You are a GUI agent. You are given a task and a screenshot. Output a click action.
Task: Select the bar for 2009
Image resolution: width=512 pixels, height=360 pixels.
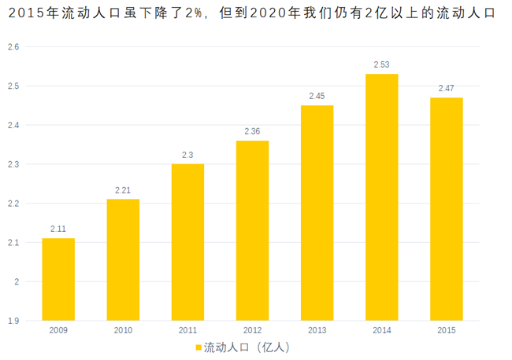click(58, 279)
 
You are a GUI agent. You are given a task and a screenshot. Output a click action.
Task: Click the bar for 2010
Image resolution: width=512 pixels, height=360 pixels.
click(123, 259)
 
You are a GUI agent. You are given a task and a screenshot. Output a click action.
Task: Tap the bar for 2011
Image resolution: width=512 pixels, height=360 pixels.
click(187, 242)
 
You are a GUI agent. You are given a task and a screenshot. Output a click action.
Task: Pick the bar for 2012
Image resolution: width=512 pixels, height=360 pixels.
click(252, 230)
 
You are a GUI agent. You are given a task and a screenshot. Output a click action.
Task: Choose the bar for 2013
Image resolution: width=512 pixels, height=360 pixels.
click(317, 213)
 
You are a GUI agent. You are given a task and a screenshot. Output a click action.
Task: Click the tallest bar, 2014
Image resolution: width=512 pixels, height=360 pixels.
click(382, 197)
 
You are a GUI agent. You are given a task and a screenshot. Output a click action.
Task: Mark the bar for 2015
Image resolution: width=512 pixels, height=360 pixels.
click(447, 209)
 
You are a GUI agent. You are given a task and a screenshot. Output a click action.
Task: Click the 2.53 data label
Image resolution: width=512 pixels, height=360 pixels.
click(382, 64)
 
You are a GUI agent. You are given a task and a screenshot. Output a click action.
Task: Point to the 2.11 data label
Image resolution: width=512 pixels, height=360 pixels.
click(58, 229)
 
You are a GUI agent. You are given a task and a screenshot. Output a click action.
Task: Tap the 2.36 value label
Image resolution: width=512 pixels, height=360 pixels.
click(252, 131)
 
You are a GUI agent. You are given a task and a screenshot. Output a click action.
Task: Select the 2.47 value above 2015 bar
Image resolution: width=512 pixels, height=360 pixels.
click(447, 88)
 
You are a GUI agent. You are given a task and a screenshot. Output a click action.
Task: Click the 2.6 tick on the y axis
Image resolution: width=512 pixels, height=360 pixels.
click(13, 47)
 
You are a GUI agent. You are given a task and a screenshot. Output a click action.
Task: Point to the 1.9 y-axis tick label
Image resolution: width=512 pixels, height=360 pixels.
click(13, 321)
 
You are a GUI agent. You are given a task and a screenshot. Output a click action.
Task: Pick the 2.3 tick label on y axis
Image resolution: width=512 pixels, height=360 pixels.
click(13, 164)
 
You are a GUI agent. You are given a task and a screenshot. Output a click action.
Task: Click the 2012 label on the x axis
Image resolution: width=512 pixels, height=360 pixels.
click(252, 330)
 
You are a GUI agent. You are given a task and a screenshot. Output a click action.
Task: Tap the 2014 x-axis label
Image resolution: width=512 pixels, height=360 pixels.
click(382, 330)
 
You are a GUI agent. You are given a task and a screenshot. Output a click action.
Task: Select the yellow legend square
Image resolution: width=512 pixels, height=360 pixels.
click(198, 347)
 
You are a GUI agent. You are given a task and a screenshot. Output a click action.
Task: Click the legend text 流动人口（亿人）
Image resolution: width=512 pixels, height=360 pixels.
click(247, 347)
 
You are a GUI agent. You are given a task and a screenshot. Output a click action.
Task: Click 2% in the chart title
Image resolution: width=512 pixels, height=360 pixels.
click(193, 13)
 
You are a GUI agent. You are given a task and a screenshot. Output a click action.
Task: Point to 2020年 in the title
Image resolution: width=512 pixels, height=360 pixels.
click(275, 13)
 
